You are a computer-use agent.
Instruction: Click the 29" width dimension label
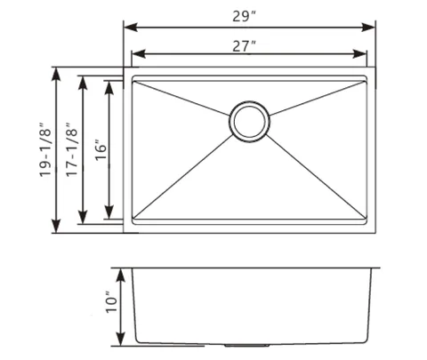(x=244, y=17)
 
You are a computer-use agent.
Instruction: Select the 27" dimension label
(x=244, y=46)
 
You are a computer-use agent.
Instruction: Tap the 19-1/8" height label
(x=46, y=149)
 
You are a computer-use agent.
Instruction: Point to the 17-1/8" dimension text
(x=72, y=149)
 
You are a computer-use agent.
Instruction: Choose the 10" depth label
(x=112, y=302)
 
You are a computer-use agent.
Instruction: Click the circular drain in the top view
(x=249, y=121)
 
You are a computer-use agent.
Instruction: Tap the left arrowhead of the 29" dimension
(x=131, y=28)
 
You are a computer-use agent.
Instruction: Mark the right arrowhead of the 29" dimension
(x=368, y=28)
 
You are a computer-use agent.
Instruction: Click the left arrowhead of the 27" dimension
(x=139, y=54)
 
